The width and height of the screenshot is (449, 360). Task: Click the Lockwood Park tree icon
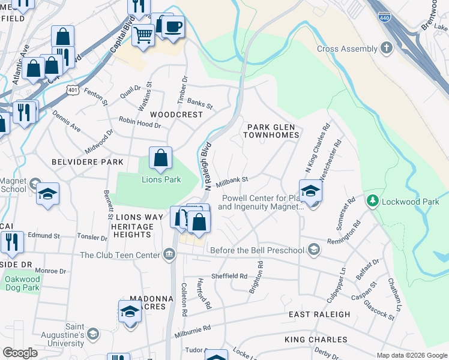tap(373, 199)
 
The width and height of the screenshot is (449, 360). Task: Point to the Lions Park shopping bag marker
tap(161, 159)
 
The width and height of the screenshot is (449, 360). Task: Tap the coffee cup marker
tap(173, 28)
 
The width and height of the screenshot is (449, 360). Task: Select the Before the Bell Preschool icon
tap(313, 249)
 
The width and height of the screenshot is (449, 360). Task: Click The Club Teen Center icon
tap(169, 255)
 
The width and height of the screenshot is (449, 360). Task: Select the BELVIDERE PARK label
tap(87, 162)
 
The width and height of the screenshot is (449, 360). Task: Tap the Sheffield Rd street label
tap(229, 277)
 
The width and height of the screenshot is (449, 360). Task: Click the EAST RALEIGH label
tap(319, 314)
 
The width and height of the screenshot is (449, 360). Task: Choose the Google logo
tap(20, 353)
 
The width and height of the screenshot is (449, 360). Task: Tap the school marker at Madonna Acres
tap(130, 312)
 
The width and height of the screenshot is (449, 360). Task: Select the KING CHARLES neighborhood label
tap(316, 340)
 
